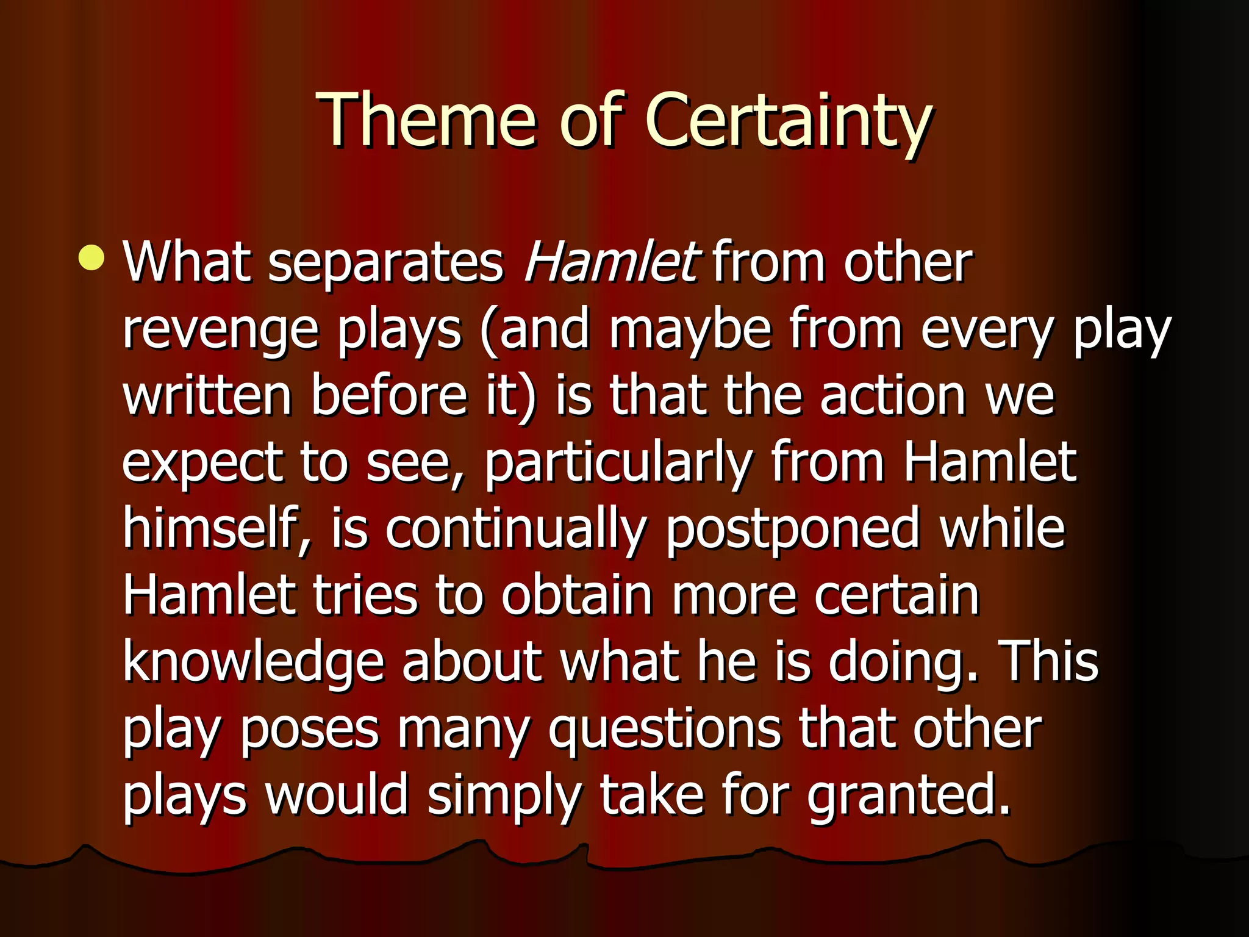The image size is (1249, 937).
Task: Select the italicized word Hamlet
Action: click(x=610, y=262)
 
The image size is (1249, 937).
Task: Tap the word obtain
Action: click(x=577, y=595)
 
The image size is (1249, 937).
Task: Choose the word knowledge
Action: click(x=254, y=662)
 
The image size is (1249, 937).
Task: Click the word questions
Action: click(x=665, y=730)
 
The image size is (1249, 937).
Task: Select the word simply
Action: click(x=504, y=795)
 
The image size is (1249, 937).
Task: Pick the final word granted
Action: click(x=909, y=795)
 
